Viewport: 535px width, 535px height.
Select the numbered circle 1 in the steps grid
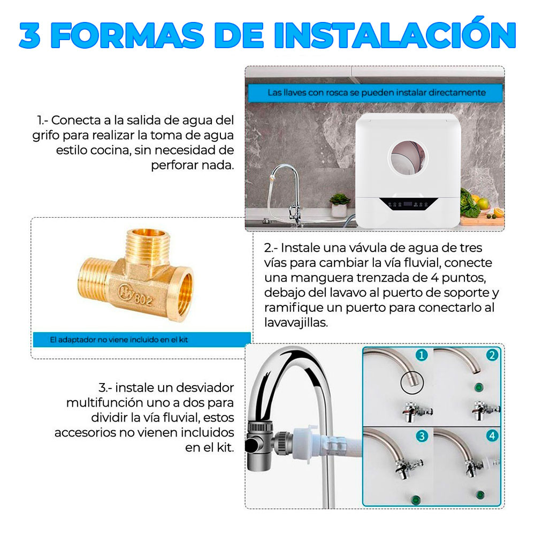(x=422, y=355)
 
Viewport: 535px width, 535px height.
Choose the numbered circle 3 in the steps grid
(x=422, y=435)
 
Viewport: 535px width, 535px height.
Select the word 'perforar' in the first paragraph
(x=172, y=165)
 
